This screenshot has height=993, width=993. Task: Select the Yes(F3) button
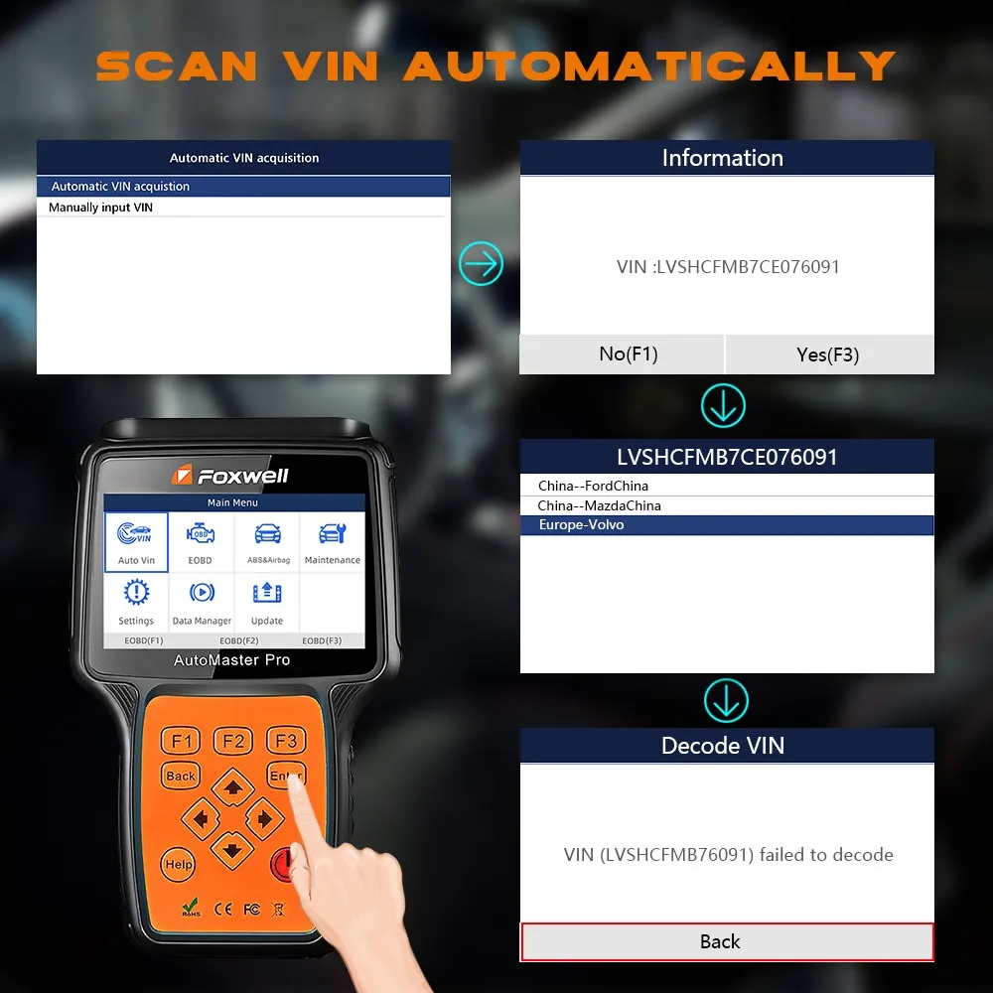point(829,355)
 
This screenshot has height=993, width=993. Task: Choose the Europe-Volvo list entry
point(727,525)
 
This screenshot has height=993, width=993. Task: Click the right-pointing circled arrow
point(482,263)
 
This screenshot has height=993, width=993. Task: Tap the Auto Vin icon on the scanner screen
point(136,542)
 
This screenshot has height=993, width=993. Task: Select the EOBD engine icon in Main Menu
point(201,534)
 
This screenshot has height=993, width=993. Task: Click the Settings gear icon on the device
point(136,592)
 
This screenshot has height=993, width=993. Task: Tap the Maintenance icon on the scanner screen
point(333,534)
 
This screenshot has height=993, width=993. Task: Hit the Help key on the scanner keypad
point(179,865)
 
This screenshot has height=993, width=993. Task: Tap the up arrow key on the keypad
point(233,787)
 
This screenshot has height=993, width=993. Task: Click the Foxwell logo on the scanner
point(230,475)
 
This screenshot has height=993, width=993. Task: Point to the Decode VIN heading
point(723,746)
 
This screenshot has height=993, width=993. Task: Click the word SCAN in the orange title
point(177,67)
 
